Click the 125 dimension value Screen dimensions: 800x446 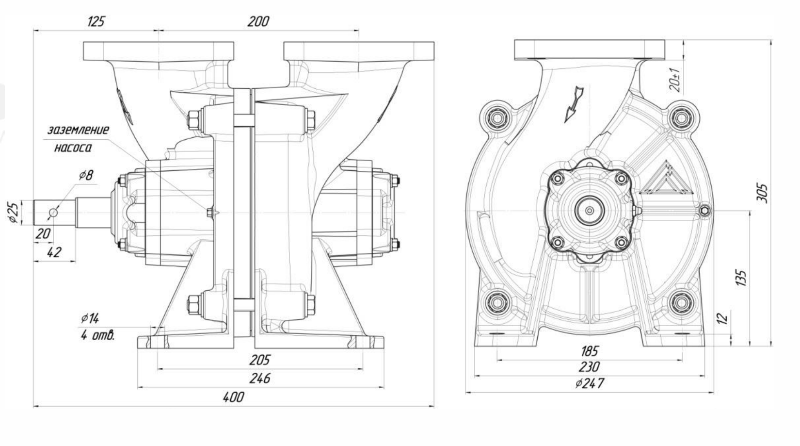pyautogui.click(x=96, y=21)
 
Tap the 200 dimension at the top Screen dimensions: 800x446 pyautogui.click(x=258, y=21)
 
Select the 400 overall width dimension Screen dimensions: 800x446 pyautogui.click(x=233, y=397)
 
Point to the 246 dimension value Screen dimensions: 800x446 pyautogui.click(x=260, y=378)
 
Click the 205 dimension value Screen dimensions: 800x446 pyautogui.click(x=260, y=360)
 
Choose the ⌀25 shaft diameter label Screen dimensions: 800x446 pyautogui.click(x=13, y=213)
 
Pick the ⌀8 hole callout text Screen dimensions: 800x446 pyautogui.click(x=86, y=175)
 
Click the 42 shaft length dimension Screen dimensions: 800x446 pyautogui.click(x=54, y=252)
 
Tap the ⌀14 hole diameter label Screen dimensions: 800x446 pyautogui.click(x=90, y=318)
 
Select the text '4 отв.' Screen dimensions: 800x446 pyautogui.click(x=98, y=335)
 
